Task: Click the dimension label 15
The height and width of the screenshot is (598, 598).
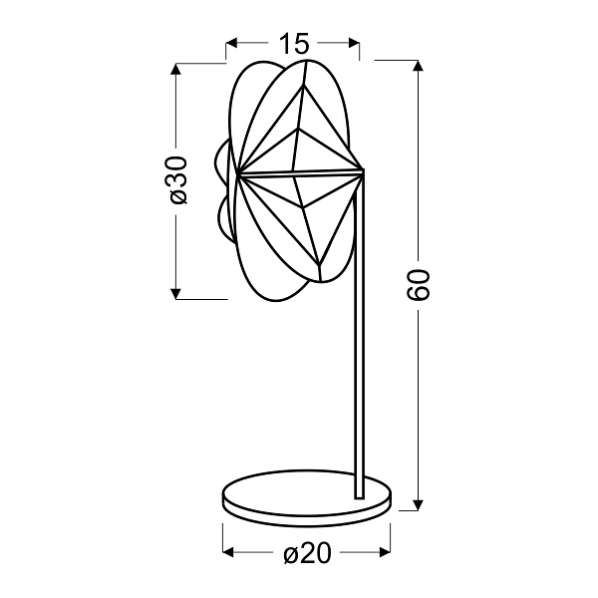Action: pyautogui.click(x=293, y=44)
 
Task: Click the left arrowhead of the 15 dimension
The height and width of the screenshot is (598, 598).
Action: pyautogui.click(x=232, y=44)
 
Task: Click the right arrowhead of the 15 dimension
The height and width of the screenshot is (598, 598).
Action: pyautogui.click(x=354, y=44)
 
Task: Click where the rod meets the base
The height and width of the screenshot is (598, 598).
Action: pyautogui.click(x=358, y=494)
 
